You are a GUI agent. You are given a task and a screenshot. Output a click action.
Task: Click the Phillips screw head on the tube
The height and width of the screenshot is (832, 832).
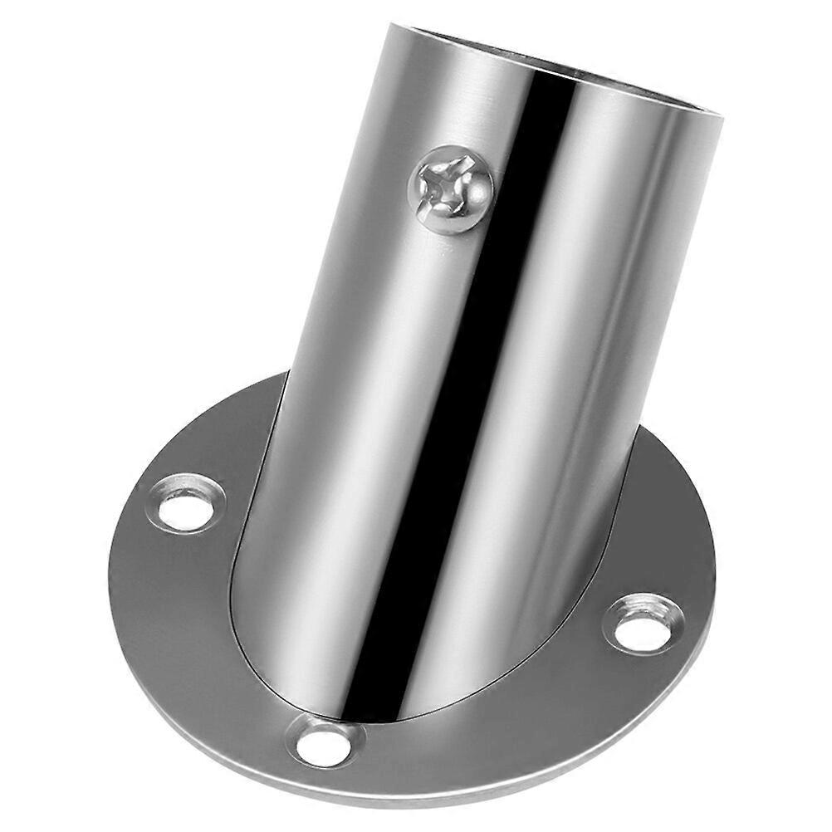[x=451, y=189]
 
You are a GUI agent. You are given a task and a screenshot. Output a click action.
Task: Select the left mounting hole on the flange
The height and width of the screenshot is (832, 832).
[x=185, y=503]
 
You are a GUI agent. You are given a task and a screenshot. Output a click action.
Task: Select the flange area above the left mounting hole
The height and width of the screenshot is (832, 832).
[x=224, y=440]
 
